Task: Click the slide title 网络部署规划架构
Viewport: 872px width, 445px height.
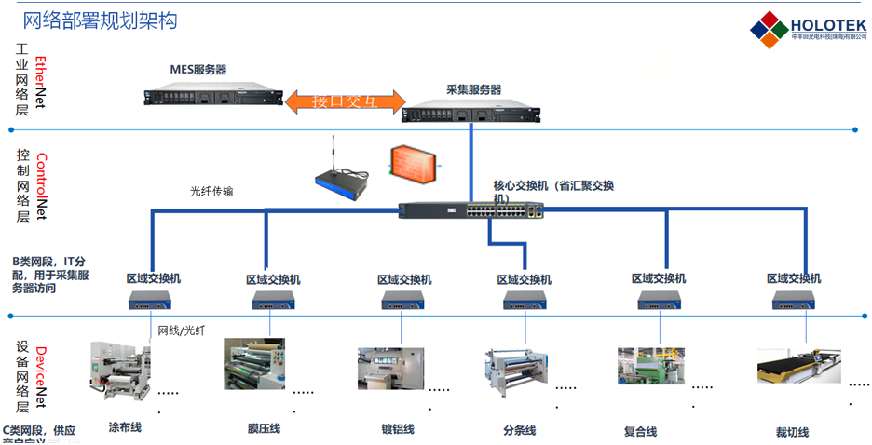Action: [x=100, y=20]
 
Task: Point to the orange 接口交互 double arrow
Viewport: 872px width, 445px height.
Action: [x=346, y=101]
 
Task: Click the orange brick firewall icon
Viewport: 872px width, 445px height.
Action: [x=411, y=164]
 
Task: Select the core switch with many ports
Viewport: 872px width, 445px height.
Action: [x=471, y=210]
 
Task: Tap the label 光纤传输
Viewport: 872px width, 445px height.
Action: [x=211, y=192]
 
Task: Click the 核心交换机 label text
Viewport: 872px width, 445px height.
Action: [x=553, y=192]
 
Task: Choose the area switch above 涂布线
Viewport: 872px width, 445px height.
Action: [x=151, y=299]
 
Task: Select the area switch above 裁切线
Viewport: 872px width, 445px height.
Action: [x=793, y=299]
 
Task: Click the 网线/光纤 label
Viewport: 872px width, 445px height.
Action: [x=181, y=330]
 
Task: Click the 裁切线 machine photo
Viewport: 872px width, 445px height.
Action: [x=795, y=365]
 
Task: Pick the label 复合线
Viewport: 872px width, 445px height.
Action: [x=640, y=431]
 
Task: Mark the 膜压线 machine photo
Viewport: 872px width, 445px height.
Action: [x=254, y=364]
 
